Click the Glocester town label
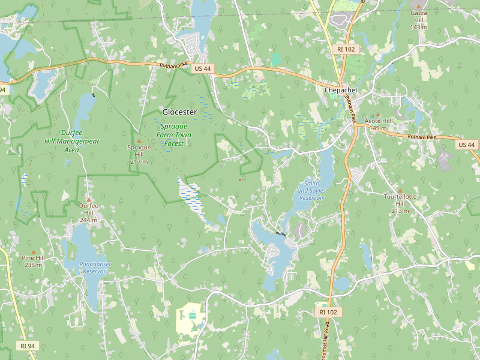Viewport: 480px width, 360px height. click(179, 112)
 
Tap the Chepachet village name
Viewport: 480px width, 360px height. click(341, 90)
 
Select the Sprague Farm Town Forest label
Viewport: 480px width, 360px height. click(173, 135)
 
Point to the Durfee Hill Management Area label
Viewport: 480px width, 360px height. click(71, 141)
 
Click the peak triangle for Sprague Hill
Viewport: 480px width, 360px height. click(139, 141)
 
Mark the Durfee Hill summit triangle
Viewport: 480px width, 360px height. click(89, 199)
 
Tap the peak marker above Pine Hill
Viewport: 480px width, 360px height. click(34, 252)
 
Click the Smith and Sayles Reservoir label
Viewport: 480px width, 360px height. click(311, 190)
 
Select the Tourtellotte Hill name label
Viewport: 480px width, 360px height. click(400, 200)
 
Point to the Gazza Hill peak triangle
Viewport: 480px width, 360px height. click(419, 6)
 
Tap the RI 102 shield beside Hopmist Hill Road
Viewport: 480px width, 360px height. click(328, 312)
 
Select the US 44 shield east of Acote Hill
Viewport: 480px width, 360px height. click(466, 145)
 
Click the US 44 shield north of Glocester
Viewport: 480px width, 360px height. click(202, 69)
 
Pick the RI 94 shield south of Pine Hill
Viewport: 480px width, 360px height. click(27, 346)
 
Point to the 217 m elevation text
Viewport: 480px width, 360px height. click(139, 162)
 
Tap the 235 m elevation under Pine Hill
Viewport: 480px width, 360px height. click(33, 265)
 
